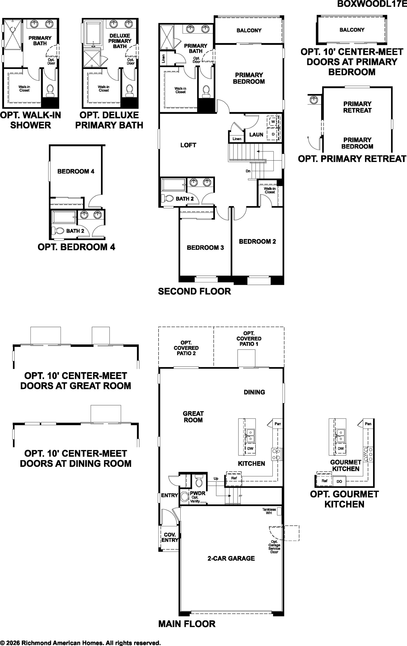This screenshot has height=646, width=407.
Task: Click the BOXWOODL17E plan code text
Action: pyautogui.click(x=372, y=4)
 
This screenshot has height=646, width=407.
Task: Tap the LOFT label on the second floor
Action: pyautogui.click(x=188, y=145)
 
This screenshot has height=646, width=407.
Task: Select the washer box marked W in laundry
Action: pyautogui.click(x=273, y=121)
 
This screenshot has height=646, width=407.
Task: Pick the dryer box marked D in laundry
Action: pyautogui.click(x=273, y=134)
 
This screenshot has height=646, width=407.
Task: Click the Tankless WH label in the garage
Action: pyautogui.click(x=269, y=511)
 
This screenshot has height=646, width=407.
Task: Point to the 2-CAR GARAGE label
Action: pyautogui.click(x=231, y=558)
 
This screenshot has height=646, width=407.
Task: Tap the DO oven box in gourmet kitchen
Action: pyautogui.click(x=339, y=481)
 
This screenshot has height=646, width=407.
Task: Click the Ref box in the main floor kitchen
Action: pyautogui.click(x=234, y=478)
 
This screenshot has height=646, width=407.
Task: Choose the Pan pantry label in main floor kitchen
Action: pyautogui.click(x=277, y=424)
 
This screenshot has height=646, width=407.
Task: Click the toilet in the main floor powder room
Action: pyautogui.click(x=199, y=481)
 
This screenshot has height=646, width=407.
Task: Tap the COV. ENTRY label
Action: pyautogui.click(x=170, y=537)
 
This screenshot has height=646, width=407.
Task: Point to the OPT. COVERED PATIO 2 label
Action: pyautogui.click(x=186, y=348)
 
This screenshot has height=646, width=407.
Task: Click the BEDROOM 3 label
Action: pyautogui.click(x=205, y=248)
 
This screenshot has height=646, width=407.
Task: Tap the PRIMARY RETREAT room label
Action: pyautogui.click(x=357, y=107)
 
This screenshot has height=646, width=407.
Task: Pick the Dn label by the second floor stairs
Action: pyautogui.click(x=248, y=171)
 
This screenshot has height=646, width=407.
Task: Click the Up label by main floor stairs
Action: pyautogui.click(x=216, y=479)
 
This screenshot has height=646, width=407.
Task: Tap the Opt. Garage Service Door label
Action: pyautogui.click(x=274, y=547)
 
